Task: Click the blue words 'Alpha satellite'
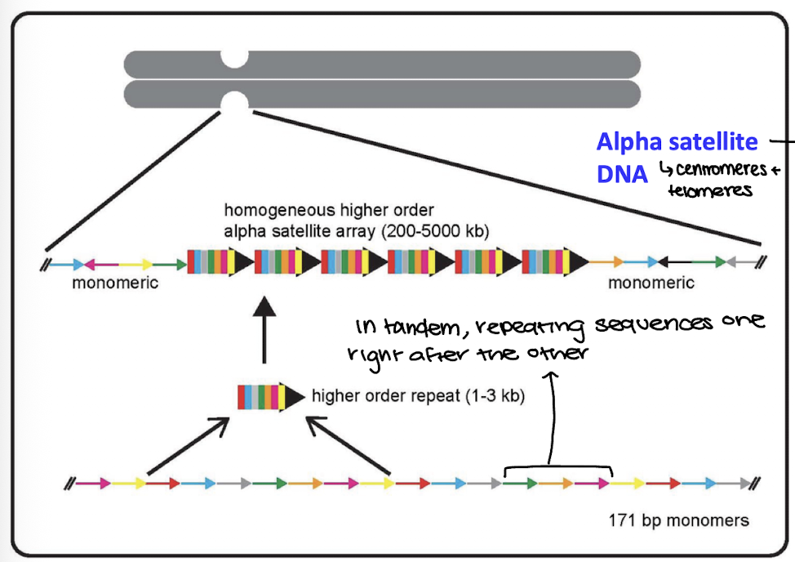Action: click(x=677, y=142)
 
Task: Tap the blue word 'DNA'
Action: click(x=622, y=174)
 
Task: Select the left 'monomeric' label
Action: click(x=115, y=283)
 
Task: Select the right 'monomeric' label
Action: click(x=651, y=283)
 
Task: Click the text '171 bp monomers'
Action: click(x=678, y=520)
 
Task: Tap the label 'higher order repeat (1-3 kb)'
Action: click(x=417, y=397)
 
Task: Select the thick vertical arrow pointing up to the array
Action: click(x=264, y=331)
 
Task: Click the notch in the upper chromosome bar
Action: click(x=234, y=59)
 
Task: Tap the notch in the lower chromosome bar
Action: click(x=234, y=102)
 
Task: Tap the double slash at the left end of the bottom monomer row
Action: click(x=70, y=484)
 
